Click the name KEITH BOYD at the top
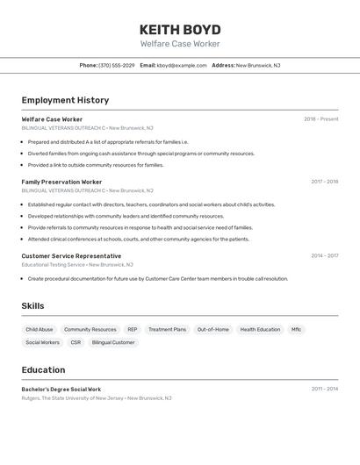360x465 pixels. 180,29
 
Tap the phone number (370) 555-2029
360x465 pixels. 117,65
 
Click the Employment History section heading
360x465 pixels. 65,100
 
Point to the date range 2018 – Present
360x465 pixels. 320,119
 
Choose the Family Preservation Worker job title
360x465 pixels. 61,182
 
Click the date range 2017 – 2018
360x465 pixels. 324,182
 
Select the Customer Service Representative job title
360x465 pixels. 71,256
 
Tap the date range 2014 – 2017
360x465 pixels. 324,256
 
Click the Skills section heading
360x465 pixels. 32,306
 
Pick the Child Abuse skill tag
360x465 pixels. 40,330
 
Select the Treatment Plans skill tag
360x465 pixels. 167,330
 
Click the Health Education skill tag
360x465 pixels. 260,330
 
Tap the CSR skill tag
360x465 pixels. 76,342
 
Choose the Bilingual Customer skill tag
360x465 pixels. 113,342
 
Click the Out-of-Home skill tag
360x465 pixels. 212,330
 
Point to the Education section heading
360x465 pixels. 43,370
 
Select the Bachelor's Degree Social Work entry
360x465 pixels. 61,389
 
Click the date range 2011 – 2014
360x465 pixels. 324,389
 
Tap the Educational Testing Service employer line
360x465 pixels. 77,264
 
